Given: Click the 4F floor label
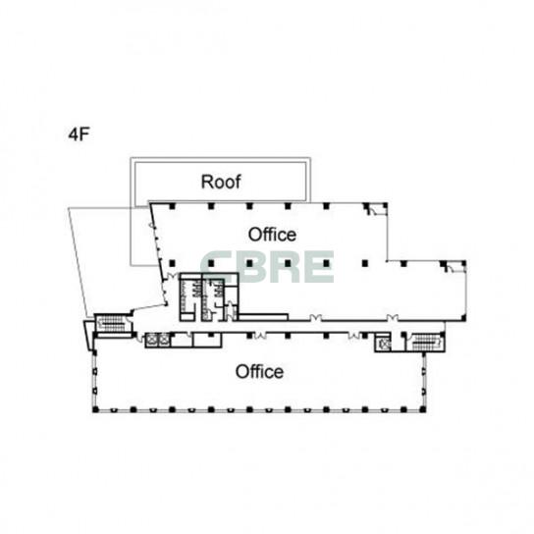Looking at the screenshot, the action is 79,134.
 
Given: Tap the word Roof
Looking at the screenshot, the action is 221,182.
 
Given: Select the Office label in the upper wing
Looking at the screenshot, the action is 272,235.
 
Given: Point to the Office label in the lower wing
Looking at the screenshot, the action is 259,372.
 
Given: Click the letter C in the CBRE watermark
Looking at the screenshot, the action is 215,267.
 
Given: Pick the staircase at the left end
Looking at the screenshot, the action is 111,323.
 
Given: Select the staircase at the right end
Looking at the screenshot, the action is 426,342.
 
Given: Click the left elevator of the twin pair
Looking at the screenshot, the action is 151,340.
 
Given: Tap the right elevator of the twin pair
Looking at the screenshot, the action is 164,340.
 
